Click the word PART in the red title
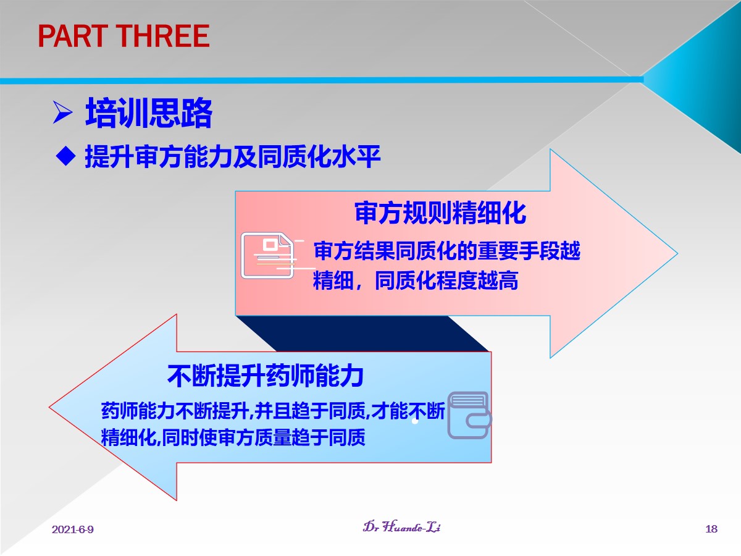[x=73, y=36]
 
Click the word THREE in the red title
[x=164, y=36]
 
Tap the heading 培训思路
[x=149, y=113]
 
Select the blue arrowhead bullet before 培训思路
[x=62, y=112]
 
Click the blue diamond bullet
[x=65, y=156]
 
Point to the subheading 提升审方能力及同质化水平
[x=233, y=156]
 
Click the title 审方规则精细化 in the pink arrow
[x=440, y=213]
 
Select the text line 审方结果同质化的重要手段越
[x=447, y=251]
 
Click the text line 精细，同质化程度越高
[x=416, y=280]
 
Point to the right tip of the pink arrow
[x=677, y=253]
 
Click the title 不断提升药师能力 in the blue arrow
[x=266, y=376]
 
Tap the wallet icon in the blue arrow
[x=469, y=415]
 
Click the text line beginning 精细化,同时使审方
[x=233, y=437]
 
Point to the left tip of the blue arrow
[x=49, y=407]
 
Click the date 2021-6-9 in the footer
[x=73, y=529]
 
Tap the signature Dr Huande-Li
[x=402, y=526]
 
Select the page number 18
[x=711, y=529]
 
